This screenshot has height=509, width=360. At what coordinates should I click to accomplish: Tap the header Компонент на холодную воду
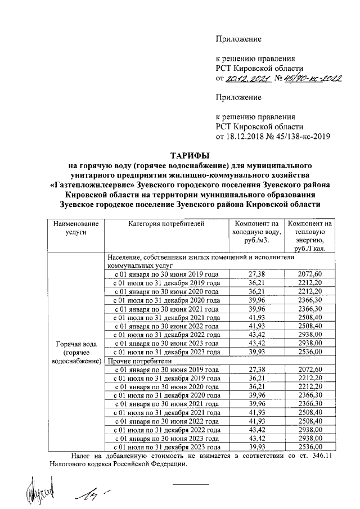coord(256,232)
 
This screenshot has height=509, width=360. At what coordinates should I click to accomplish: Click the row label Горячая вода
coord(75,344)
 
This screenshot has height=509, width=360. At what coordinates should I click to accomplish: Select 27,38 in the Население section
coord(256,273)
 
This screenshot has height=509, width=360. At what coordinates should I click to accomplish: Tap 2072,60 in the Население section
coord(310,273)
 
